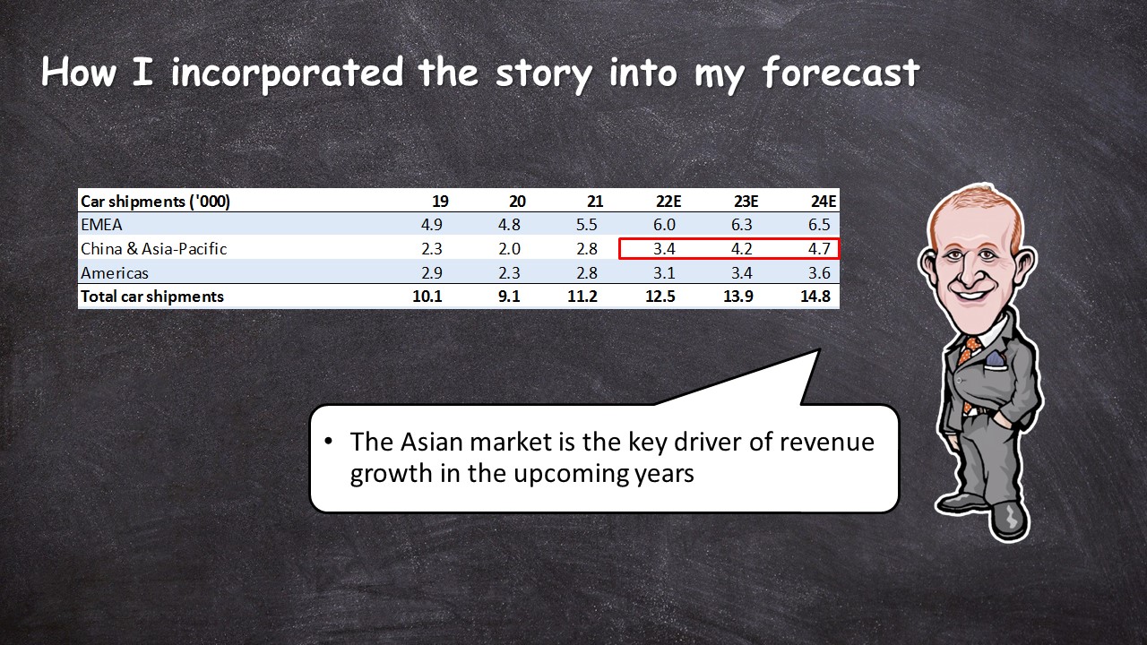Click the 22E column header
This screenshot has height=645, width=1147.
pos(668,202)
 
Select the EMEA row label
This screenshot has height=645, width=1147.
pos(101,225)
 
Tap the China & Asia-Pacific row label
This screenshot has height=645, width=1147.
pos(153,249)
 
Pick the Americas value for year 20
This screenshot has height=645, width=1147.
pos(509,273)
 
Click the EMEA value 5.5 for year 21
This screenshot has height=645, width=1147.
pos(586,225)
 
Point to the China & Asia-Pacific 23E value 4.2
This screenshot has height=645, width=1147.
pos(741,249)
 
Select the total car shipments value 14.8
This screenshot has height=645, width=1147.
pos(815,297)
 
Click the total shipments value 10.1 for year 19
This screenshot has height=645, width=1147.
pos(427,297)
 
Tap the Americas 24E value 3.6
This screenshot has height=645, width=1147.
pos(819,273)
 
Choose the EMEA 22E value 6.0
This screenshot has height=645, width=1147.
pos(664,225)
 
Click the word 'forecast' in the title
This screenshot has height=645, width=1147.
pos(841,73)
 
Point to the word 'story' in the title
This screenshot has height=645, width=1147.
pos(545,75)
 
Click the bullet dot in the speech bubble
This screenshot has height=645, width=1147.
pos(328,441)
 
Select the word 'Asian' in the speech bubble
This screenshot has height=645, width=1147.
pos(432,442)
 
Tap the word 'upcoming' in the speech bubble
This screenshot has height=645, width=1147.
pos(571,474)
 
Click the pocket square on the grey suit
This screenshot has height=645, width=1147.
pos(995,359)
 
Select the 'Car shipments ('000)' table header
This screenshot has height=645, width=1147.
pos(155,202)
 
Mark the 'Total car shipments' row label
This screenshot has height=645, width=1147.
pos(152,297)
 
